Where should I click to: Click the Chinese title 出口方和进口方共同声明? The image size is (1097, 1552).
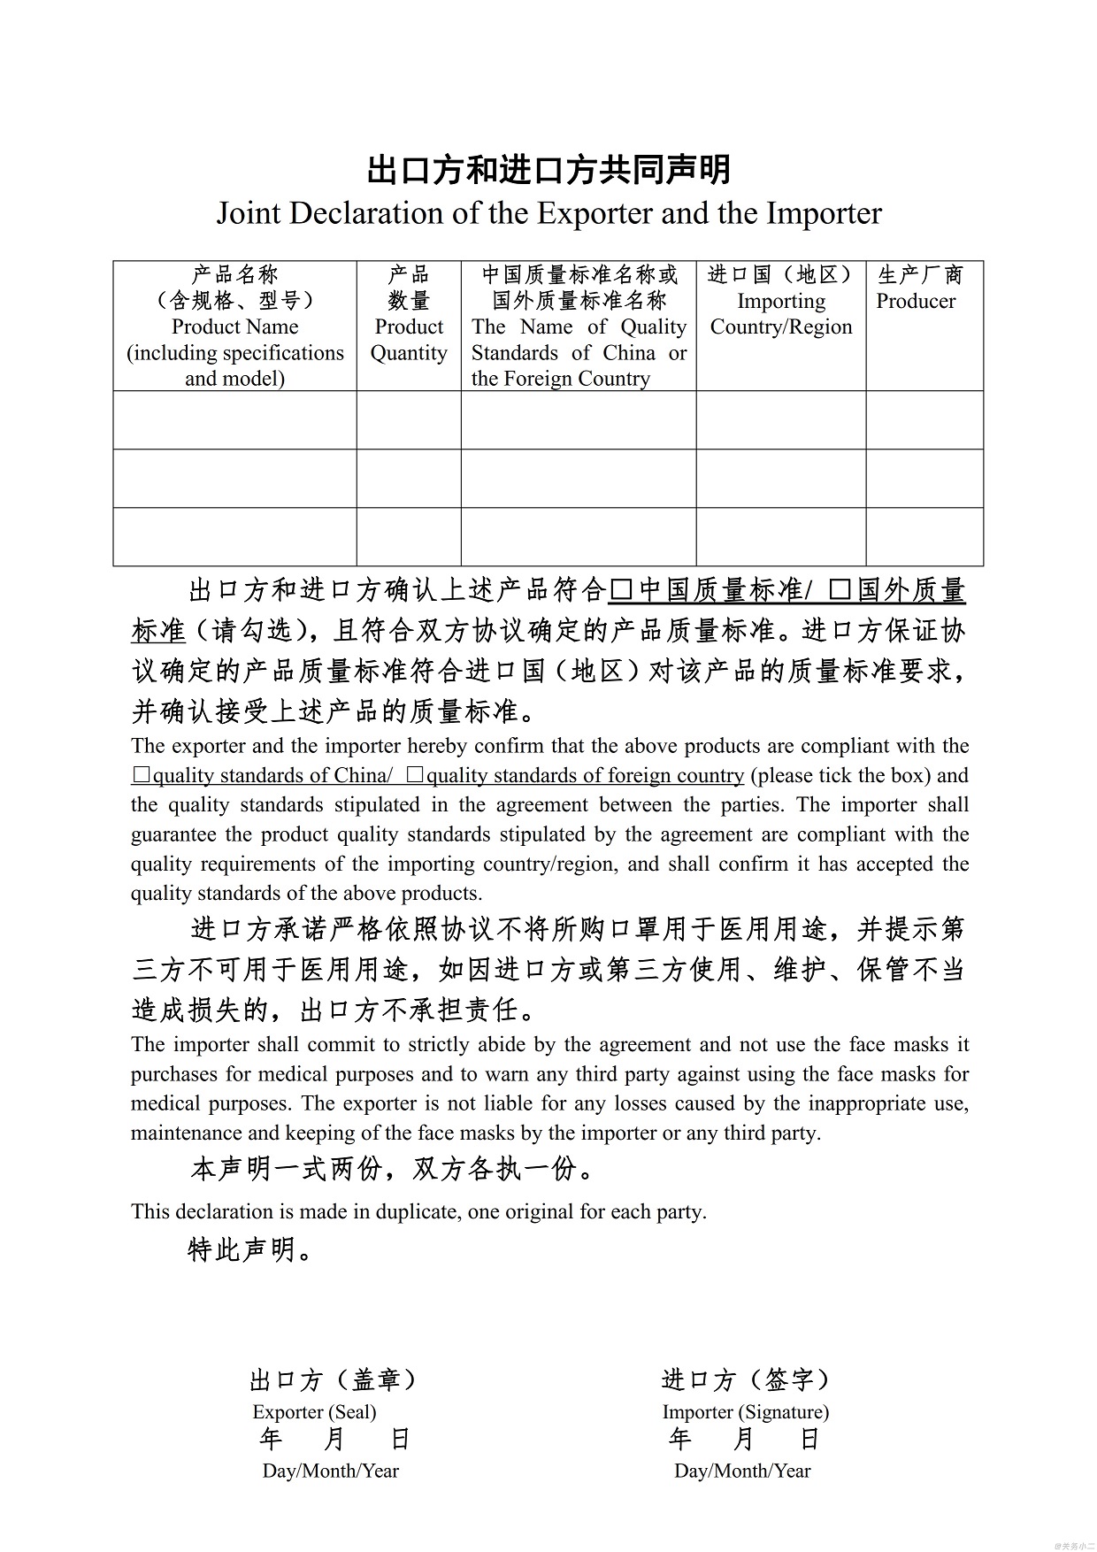(548, 169)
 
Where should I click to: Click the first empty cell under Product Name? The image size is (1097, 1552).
(234, 420)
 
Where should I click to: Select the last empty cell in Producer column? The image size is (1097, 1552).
(924, 536)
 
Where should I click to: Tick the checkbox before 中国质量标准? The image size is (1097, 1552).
(622, 589)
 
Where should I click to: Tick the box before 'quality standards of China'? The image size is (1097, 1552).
(142, 775)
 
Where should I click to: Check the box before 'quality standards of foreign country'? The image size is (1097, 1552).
(415, 775)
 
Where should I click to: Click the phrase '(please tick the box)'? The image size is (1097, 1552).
(840, 775)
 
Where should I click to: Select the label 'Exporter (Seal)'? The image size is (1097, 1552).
(314, 1411)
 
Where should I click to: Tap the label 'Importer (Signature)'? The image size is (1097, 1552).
(745, 1411)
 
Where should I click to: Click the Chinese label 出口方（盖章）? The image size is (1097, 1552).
(334, 1379)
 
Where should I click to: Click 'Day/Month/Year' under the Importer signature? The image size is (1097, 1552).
(742, 1471)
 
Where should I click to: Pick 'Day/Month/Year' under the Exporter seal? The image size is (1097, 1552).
(331, 1471)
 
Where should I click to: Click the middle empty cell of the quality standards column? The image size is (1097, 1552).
(579, 478)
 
